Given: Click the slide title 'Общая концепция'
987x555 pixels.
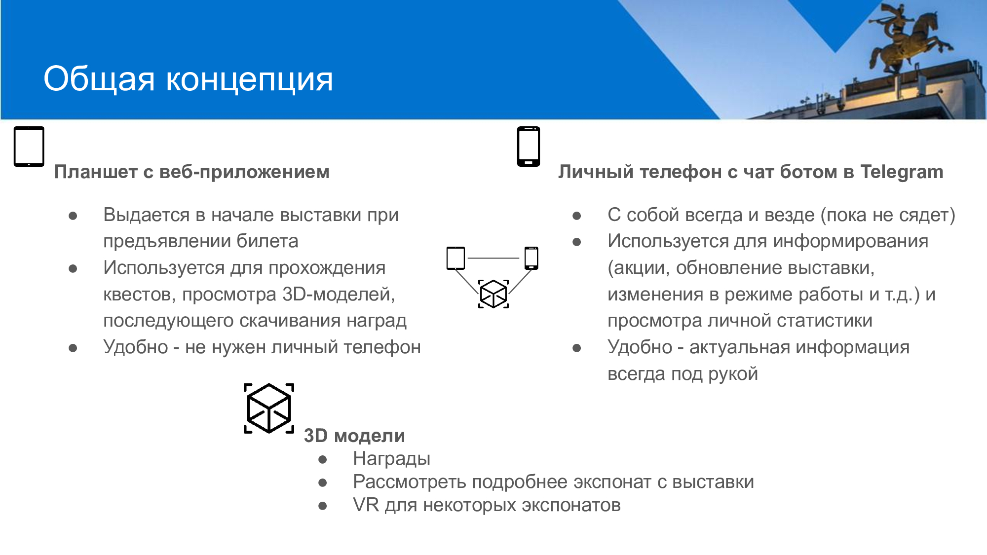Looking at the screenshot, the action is pyautogui.click(x=188, y=79).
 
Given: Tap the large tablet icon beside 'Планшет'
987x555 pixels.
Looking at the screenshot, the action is pyautogui.click(x=29, y=147).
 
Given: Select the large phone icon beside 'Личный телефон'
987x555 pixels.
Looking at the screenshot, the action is pyautogui.click(x=529, y=147).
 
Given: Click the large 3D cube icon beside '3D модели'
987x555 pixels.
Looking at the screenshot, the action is pyautogui.click(x=269, y=408).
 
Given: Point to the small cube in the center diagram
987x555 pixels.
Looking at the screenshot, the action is pyautogui.click(x=493, y=294).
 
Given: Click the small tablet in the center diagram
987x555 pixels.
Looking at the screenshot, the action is pyautogui.click(x=456, y=258).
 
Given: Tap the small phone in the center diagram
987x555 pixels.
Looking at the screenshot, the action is pyautogui.click(x=531, y=258).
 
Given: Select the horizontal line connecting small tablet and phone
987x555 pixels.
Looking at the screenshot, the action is pyautogui.click(x=493, y=258).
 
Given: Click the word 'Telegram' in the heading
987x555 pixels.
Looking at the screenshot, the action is pyautogui.click(x=902, y=172).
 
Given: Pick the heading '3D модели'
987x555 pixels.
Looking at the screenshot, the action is pyautogui.click(x=354, y=436).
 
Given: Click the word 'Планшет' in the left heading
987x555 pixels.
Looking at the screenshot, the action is pyautogui.click(x=96, y=172).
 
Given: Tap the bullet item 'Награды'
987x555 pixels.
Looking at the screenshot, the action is pyautogui.click(x=392, y=459).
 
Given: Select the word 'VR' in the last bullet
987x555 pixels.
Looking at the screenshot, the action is pyautogui.click(x=366, y=505).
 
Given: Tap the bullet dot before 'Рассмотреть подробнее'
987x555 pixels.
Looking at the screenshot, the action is pyautogui.click(x=323, y=482).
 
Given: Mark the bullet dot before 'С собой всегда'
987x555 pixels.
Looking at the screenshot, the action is pyautogui.click(x=576, y=216).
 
